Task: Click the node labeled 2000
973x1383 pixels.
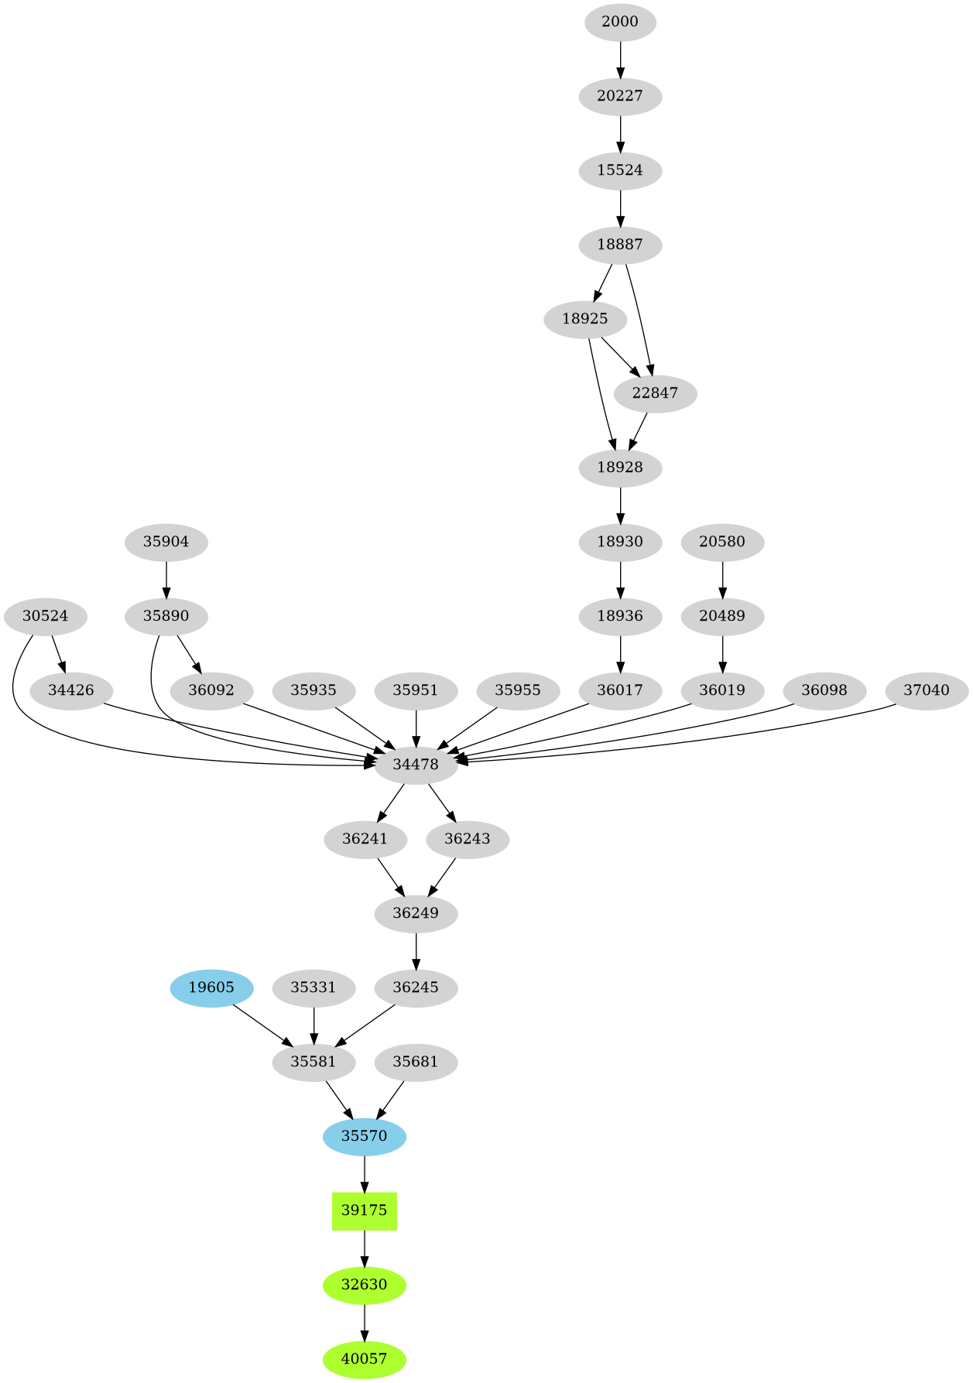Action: click(x=620, y=22)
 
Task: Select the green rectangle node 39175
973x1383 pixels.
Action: click(x=365, y=1210)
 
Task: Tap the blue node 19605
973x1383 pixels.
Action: click(x=211, y=988)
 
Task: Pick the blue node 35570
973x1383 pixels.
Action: click(x=365, y=1136)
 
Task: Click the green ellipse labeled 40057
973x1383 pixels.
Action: click(x=365, y=1359)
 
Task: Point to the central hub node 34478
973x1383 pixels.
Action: click(x=416, y=765)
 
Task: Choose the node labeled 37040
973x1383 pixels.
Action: click(x=927, y=690)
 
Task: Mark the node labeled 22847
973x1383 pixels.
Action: click(x=655, y=393)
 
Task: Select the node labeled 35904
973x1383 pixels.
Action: click(x=166, y=542)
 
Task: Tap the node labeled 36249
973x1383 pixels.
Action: click(x=416, y=913)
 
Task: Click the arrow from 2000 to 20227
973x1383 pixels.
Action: click(x=620, y=59)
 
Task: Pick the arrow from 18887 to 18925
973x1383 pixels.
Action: click(x=603, y=282)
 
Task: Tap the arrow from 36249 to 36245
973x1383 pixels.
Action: click(x=416, y=950)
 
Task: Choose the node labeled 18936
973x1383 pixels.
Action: click(x=620, y=616)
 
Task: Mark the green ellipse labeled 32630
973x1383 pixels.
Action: click(x=365, y=1285)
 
